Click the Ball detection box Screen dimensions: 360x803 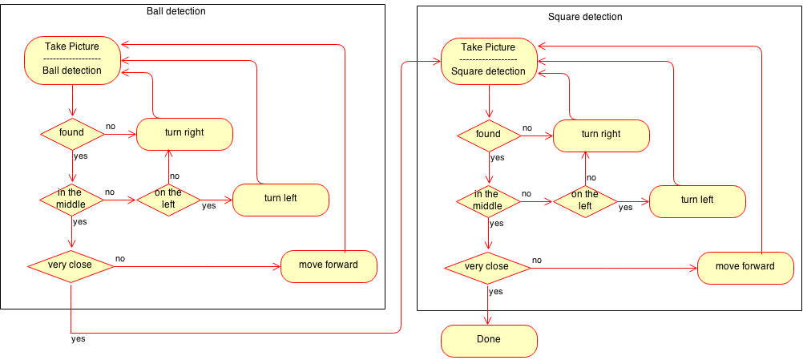pyautogui.click(x=72, y=59)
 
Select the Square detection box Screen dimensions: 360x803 pyautogui.click(x=489, y=60)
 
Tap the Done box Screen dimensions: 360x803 pyautogui.click(x=489, y=340)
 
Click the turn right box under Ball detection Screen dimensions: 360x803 pyautogui.click(x=184, y=134)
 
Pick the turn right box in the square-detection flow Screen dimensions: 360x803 pyautogui.click(x=601, y=135)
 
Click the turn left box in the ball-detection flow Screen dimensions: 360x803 pyautogui.click(x=280, y=200)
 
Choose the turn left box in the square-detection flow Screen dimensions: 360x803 pyautogui.click(x=697, y=200)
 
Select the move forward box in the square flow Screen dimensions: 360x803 pyautogui.click(x=745, y=267)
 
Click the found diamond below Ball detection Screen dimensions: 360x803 pyautogui.click(x=72, y=134)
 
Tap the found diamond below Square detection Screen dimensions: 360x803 pyautogui.click(x=489, y=135)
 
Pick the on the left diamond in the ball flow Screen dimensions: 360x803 pyautogui.click(x=168, y=200)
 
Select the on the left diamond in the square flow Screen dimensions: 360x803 pyautogui.click(x=585, y=200)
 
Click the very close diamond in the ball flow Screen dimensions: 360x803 pyautogui.click(x=71, y=265)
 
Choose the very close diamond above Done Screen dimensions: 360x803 pyautogui.click(x=487, y=267)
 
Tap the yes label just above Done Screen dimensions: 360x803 pyautogui.click(x=496, y=293)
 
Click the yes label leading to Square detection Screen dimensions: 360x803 pyautogui.click(x=79, y=339)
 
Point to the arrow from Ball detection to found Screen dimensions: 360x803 pyautogui.click(x=72, y=100)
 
